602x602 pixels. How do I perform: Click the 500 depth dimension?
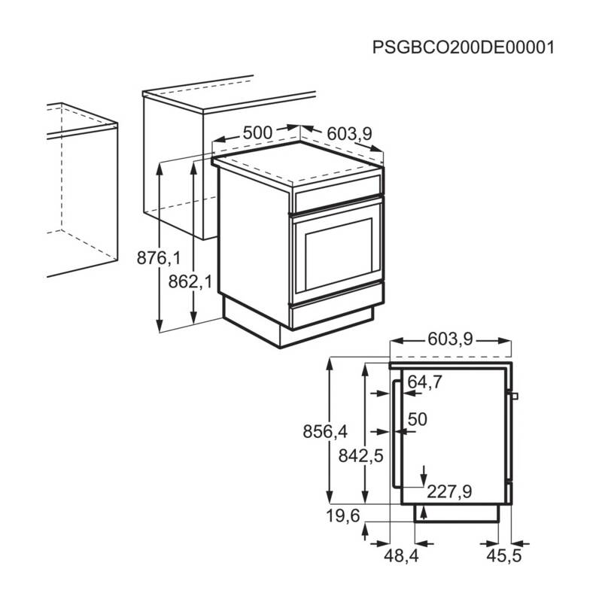coord(257,132)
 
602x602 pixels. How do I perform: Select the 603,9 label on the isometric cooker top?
coord(349,134)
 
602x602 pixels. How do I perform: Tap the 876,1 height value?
coord(159,259)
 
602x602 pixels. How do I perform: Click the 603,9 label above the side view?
coord(449,339)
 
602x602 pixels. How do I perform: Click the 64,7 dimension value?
coord(424,382)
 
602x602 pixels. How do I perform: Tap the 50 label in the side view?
coord(417,418)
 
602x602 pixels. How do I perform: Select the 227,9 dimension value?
coord(449,492)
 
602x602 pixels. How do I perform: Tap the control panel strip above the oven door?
coord(339,198)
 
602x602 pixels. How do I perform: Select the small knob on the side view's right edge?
coord(515,396)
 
